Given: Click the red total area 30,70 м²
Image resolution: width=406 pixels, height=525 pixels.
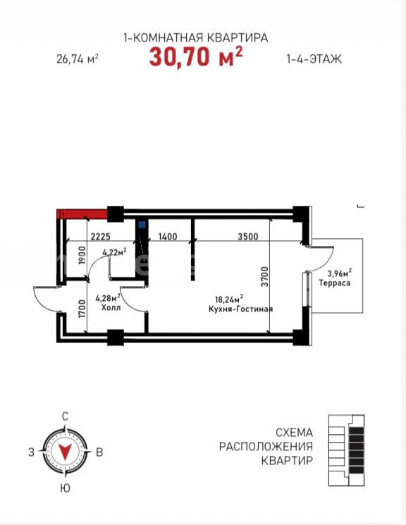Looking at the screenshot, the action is pyautogui.click(x=196, y=56).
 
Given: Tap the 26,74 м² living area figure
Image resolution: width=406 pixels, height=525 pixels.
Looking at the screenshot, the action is pyautogui.click(x=78, y=59).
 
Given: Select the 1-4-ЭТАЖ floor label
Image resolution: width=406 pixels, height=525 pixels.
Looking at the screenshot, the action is pyautogui.click(x=314, y=59).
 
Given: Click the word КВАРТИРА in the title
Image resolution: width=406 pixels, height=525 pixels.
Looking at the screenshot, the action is pyautogui.click(x=237, y=37).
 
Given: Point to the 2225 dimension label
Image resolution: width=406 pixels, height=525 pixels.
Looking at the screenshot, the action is pyautogui.click(x=101, y=236).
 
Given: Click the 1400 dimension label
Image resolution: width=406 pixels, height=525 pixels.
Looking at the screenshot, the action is pyautogui.click(x=168, y=236).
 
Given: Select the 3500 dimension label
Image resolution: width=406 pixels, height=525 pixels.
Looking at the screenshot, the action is pyautogui.click(x=248, y=236).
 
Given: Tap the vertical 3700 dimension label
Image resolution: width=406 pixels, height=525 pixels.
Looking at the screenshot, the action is pyautogui.click(x=265, y=276).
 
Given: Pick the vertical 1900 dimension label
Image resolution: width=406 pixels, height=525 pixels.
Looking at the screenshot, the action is pyautogui.click(x=82, y=256).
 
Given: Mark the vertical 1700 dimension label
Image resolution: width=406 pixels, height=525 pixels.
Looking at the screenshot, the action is pyautogui.click(x=82, y=309).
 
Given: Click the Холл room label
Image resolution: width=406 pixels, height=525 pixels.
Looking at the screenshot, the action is pyautogui.click(x=111, y=307).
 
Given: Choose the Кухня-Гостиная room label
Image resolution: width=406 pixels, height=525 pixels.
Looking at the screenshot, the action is pyautogui.click(x=240, y=309).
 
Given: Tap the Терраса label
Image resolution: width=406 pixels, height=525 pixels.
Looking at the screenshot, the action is pyautogui.click(x=335, y=283).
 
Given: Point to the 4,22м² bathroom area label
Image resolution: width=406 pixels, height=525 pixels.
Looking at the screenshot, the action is pyautogui.click(x=115, y=252).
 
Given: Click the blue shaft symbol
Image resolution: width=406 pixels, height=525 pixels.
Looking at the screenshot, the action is pyautogui.click(x=142, y=224).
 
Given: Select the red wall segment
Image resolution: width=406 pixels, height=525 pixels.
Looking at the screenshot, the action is pyautogui.click(x=82, y=214).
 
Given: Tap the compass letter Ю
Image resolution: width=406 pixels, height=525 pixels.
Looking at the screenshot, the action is pyautogui.click(x=66, y=488).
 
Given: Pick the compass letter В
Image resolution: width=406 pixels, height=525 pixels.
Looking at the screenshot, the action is pyautogui.click(x=99, y=452).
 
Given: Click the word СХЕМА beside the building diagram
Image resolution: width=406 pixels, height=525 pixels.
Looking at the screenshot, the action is pyautogui.click(x=294, y=432).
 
